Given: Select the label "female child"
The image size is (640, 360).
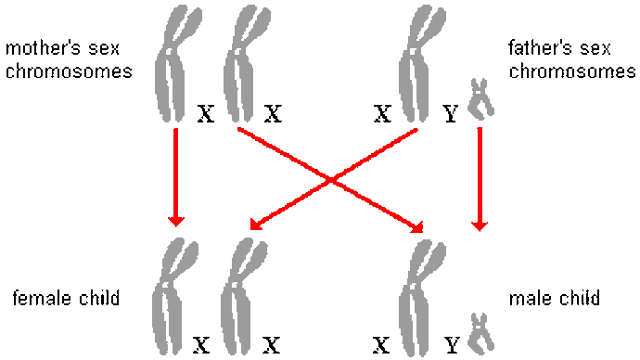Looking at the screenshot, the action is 66,298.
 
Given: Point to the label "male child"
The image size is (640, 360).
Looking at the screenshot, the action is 555,298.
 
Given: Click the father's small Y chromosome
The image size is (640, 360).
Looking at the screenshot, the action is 480,99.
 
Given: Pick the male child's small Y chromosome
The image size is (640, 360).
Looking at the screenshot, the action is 480,333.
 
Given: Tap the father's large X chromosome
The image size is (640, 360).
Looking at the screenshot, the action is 419,64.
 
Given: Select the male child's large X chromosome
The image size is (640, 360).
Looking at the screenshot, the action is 419,298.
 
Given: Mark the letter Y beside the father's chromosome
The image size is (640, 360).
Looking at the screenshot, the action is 451,113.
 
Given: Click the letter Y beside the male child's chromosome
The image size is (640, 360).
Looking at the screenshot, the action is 452,345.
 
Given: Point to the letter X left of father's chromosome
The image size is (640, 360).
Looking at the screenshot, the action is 382,113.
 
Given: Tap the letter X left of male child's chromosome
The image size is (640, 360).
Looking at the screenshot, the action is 381,345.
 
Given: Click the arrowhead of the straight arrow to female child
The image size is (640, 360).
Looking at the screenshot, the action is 176,221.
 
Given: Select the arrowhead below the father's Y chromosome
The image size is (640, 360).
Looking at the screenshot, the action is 480,226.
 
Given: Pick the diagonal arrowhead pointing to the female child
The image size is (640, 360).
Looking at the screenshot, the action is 255,225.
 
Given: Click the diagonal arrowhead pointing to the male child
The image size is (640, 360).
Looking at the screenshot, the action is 417,227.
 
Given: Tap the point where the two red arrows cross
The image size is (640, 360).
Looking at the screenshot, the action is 330,180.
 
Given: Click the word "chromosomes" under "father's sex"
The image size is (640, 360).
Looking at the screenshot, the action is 572,71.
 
